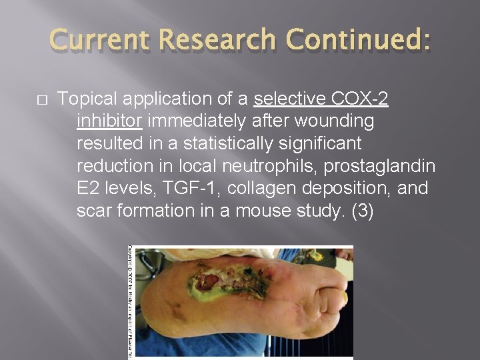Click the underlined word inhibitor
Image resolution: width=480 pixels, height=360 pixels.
109,121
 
